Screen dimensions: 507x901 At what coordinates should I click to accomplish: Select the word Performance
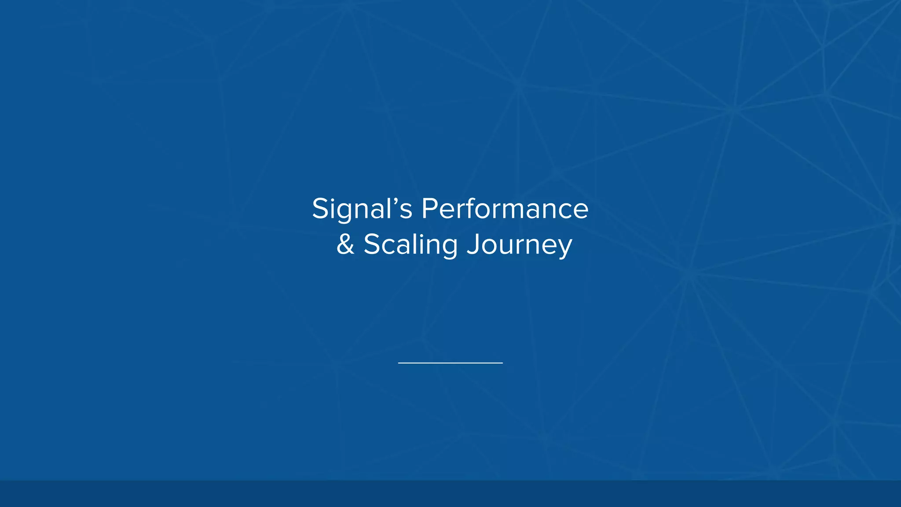505,209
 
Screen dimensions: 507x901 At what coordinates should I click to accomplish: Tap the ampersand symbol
345,245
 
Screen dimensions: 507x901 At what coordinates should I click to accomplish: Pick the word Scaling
410,245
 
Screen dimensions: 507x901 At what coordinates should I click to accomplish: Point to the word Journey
519,245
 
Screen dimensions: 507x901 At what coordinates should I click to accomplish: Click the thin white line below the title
450,363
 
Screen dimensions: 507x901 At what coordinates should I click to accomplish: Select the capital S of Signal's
320,209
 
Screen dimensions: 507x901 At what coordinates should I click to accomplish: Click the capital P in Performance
429,209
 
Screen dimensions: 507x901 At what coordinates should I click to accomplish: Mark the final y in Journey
565,247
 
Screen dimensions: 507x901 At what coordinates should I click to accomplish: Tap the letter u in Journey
506,246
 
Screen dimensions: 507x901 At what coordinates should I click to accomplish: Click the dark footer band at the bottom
450,493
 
